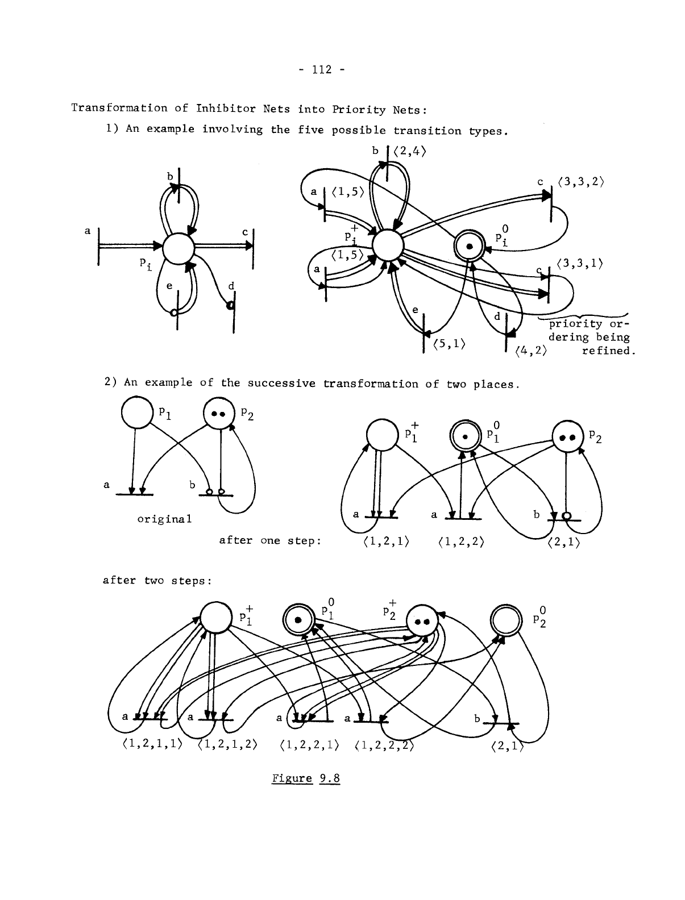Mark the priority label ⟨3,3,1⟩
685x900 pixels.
tap(580, 264)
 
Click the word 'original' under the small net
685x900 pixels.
tap(164, 519)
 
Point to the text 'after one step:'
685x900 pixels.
tap(270, 540)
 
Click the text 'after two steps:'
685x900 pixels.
tap(157, 581)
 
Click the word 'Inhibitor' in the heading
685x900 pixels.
tap(219, 108)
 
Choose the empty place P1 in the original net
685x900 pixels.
tap(136, 413)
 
